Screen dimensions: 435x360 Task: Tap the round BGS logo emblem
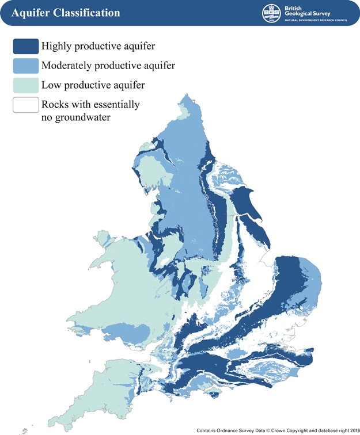(x=269, y=13)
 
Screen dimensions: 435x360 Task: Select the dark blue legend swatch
(x=25, y=46)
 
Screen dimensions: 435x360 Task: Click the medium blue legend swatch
(x=25, y=66)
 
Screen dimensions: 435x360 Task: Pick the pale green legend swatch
(x=25, y=85)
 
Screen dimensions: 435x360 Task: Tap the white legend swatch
(x=25, y=105)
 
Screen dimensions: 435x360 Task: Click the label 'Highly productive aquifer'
(x=98, y=46)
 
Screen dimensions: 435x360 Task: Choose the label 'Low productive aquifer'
(x=93, y=85)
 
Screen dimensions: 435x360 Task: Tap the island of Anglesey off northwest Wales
(x=104, y=236)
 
